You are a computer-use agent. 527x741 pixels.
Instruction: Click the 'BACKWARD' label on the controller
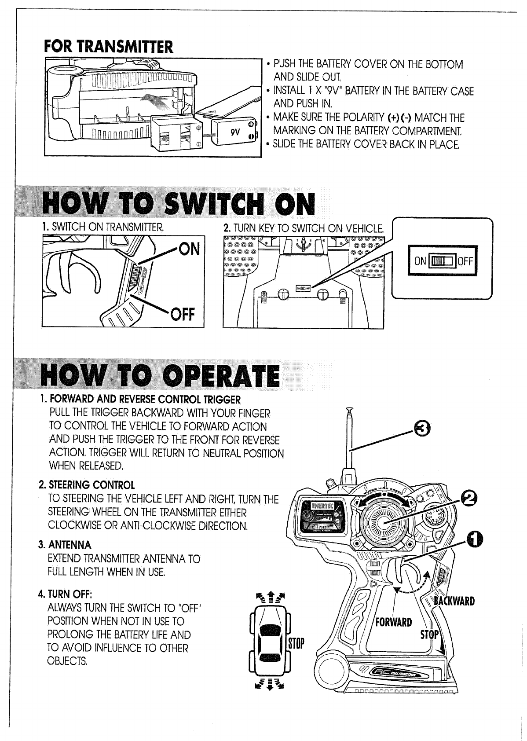click(454, 602)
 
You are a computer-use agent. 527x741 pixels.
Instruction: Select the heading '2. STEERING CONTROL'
click(87, 485)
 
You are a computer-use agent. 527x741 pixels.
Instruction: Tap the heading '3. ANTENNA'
click(65, 545)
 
